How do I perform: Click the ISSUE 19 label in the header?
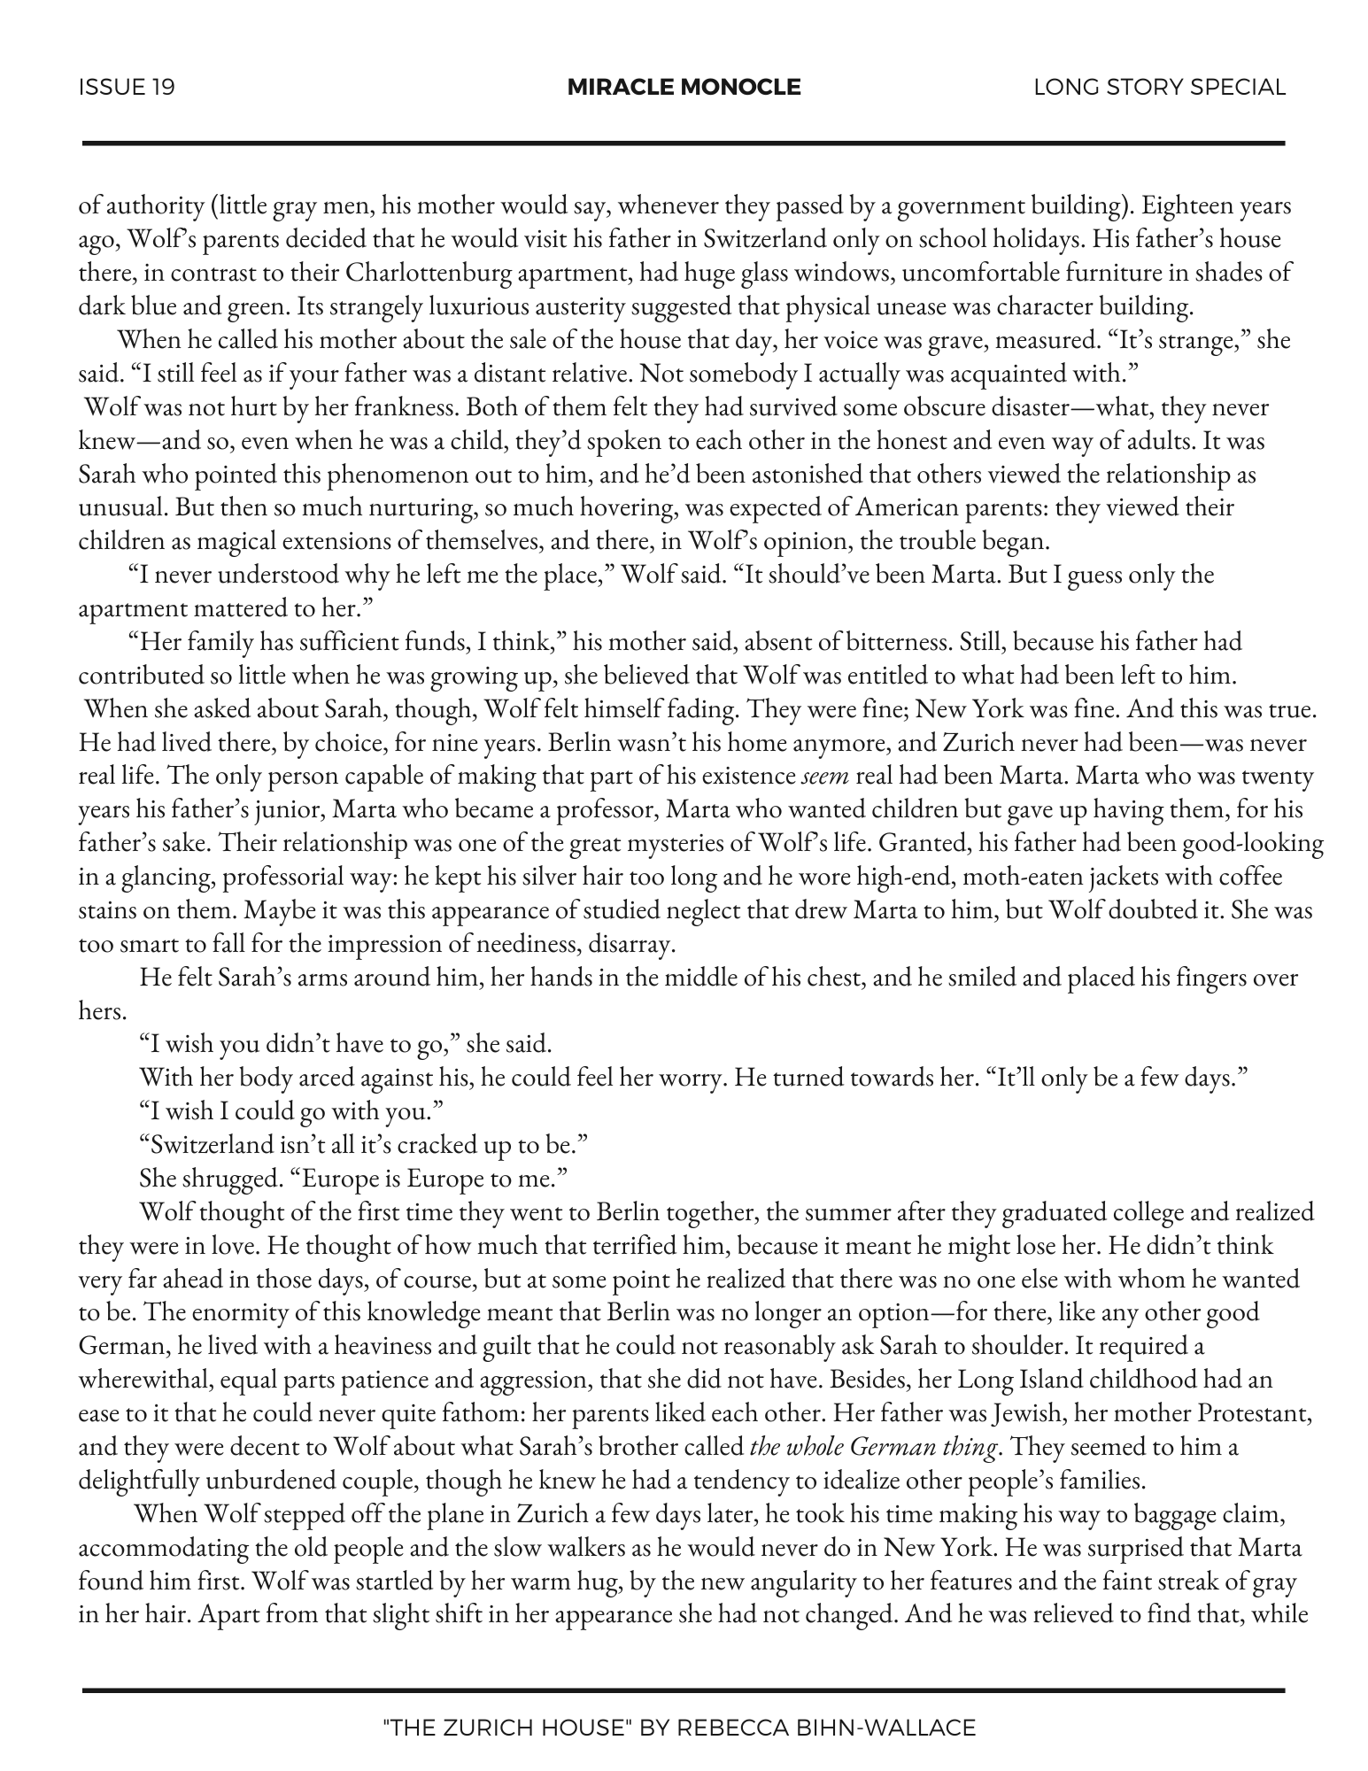pos(127,87)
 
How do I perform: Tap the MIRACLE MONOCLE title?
pos(684,87)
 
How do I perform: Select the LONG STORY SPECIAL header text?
pos(1159,87)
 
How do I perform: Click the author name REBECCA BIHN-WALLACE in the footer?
pos(826,1727)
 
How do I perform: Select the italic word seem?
pos(825,776)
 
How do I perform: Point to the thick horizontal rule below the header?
pos(684,143)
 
